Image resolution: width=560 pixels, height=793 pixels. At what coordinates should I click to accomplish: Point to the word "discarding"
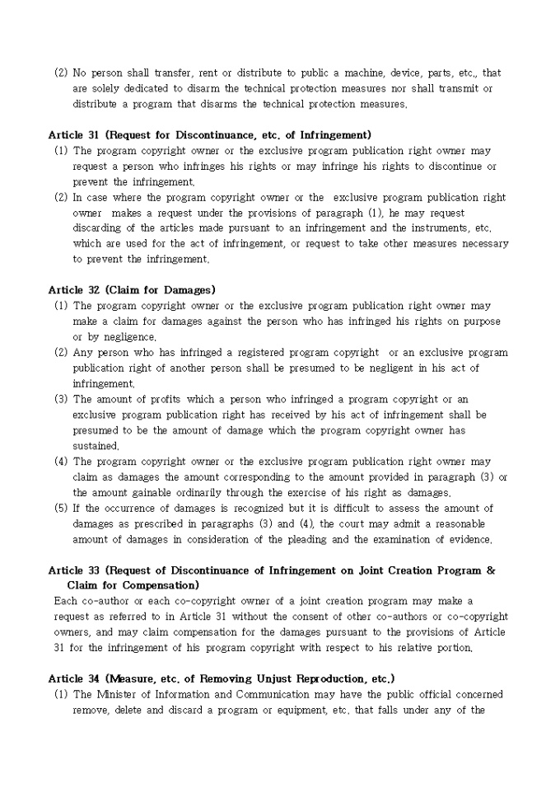pyautogui.click(x=99, y=228)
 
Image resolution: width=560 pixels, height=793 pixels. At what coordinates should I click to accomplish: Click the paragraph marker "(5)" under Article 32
pyautogui.click(x=61, y=509)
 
